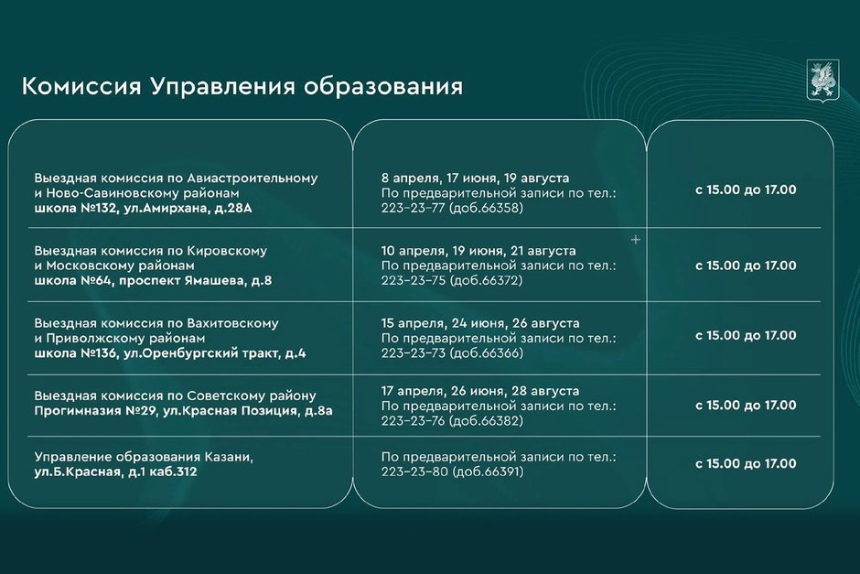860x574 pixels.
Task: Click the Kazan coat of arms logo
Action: click(823, 80)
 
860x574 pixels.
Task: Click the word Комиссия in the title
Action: click(81, 87)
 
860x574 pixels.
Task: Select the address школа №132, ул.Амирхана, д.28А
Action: click(143, 209)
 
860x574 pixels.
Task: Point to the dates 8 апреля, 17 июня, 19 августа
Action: click(476, 179)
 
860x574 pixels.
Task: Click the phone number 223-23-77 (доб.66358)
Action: click(453, 208)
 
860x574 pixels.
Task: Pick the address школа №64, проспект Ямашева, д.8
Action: click(153, 281)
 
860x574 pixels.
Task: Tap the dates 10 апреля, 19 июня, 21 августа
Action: click(478, 251)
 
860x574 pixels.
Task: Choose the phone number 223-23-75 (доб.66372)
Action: click(452, 280)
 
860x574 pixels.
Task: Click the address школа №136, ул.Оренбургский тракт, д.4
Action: click(170, 353)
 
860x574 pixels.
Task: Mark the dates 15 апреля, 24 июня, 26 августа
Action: click(480, 323)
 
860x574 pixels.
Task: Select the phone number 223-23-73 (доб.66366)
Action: click(453, 352)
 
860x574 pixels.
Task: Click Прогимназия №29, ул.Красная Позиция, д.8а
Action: click(183, 411)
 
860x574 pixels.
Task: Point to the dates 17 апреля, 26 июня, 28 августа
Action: click(480, 391)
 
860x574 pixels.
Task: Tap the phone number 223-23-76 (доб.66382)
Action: click(453, 421)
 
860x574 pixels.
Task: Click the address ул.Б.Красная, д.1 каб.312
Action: click(115, 472)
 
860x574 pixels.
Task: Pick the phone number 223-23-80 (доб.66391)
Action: click(453, 471)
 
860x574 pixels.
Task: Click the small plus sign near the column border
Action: click(636, 240)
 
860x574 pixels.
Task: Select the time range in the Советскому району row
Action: click(746, 405)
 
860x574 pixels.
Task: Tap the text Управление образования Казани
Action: click(144, 457)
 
